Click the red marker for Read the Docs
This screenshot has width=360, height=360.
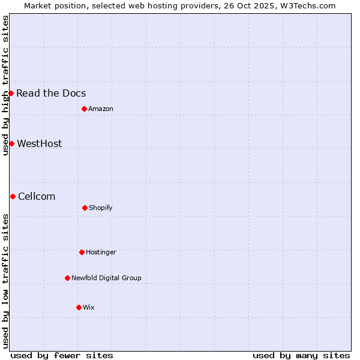[11, 93]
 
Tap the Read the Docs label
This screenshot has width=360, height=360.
[51, 93]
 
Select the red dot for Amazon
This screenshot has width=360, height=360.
[84, 109]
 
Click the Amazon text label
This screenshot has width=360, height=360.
[101, 109]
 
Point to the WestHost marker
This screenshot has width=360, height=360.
[11, 143]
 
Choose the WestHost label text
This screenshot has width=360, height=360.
[40, 143]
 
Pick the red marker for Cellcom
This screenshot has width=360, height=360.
[13, 196]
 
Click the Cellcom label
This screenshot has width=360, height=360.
[37, 196]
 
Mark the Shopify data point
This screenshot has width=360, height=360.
[85, 208]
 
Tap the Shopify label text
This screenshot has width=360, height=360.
[101, 208]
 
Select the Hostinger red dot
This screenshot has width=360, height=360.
[82, 252]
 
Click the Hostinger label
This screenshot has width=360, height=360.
[101, 252]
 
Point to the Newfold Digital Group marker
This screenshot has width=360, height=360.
[67, 278]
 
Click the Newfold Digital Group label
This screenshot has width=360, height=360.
[106, 278]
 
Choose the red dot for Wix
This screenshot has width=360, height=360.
[79, 307]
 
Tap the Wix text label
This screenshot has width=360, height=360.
[89, 307]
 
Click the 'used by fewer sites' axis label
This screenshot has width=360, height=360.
[62, 355]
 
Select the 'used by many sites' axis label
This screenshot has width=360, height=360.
[301, 355]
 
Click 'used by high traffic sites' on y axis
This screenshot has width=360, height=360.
[5, 85]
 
